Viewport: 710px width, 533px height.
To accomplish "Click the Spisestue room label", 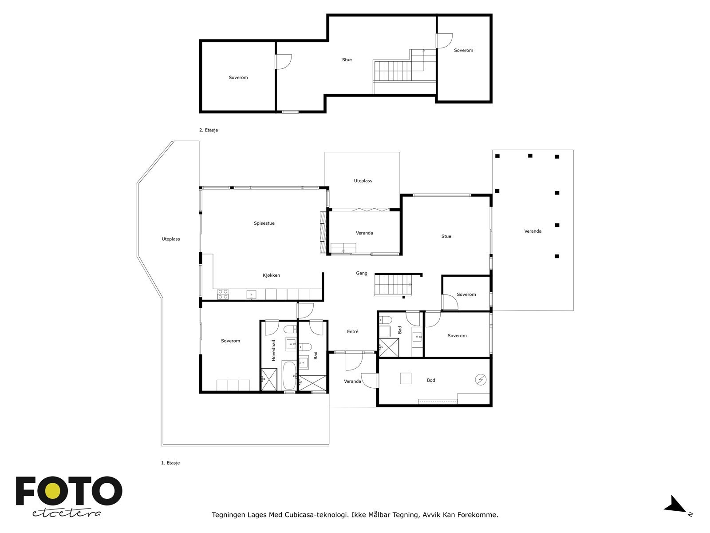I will point(264,223).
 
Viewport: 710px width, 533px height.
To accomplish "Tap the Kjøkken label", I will point(271,275).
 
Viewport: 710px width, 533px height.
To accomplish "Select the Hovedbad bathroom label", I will point(274,350).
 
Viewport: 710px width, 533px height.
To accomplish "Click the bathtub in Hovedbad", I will point(289,375).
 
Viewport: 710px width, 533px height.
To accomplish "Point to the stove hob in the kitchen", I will point(223,294).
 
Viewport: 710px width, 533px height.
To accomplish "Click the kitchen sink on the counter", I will point(251,294).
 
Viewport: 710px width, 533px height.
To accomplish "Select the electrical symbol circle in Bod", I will point(481,379).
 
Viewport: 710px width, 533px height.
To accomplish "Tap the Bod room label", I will point(431,380).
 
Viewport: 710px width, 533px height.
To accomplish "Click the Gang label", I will point(362,273).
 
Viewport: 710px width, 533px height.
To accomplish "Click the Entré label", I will point(353,332).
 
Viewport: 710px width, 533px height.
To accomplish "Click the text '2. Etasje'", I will point(209,131).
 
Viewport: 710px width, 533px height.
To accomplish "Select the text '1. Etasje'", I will point(170,463).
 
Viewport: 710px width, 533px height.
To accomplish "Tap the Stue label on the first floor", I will point(446,237).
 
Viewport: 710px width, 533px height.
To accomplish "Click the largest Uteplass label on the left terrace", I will point(171,239).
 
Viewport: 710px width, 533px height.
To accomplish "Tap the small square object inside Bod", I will point(406,378).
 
